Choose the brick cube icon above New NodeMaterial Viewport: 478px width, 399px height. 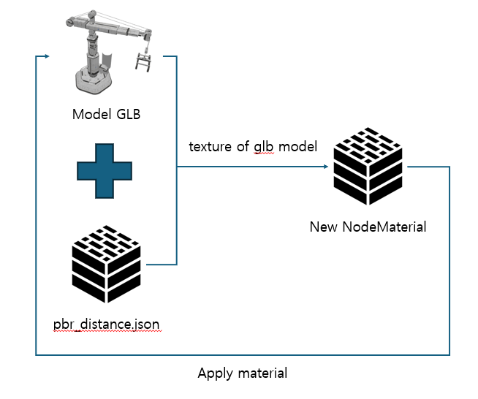point(367,164)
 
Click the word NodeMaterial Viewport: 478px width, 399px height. point(384,227)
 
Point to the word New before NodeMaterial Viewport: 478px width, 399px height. point(324,227)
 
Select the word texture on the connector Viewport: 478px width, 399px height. point(210,146)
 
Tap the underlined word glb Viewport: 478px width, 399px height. point(264,147)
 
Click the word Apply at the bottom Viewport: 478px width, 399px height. point(215,373)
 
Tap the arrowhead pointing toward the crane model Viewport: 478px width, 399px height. point(46,56)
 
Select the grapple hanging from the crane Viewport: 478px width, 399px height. point(143,61)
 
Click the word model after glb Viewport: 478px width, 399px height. point(297,146)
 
